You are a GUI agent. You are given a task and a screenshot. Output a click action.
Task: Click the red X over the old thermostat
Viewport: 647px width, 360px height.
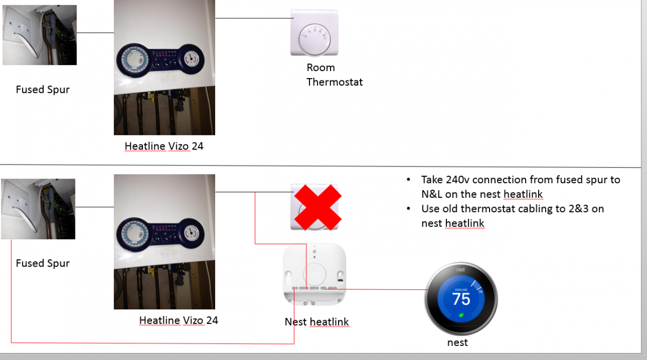318,207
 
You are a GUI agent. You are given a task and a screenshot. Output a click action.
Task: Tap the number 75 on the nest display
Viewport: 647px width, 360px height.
461,299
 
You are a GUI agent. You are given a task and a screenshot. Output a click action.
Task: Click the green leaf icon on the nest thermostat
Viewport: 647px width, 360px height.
462,315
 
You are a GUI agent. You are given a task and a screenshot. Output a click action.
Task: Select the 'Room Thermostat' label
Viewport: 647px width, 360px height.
334,75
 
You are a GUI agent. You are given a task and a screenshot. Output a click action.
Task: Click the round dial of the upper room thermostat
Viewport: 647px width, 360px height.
314,39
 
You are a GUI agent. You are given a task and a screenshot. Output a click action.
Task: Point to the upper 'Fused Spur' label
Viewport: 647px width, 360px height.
43,89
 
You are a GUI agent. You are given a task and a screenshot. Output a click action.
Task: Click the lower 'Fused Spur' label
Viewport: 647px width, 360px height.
43,264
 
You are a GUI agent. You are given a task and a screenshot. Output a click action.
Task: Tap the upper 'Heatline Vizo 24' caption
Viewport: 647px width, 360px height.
164,146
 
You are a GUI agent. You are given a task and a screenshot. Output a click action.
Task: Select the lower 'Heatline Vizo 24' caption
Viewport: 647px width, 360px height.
178,320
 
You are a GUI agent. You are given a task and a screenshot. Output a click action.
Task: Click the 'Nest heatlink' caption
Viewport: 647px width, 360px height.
317,322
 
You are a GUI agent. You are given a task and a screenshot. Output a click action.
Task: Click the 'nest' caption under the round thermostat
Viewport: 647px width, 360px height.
458,342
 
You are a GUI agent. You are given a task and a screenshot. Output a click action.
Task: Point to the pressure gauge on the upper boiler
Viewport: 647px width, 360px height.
191,59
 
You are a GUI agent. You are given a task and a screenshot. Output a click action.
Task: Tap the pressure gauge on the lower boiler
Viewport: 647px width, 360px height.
191,233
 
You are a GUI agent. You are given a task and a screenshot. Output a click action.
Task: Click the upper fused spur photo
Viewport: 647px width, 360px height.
39,35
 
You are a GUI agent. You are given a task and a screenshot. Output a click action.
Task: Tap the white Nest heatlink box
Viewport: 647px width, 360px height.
314,274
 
